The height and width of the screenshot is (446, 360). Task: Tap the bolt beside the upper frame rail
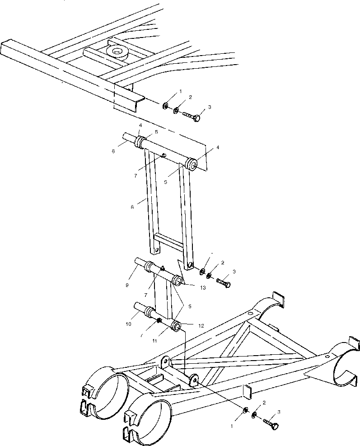pos(192,116)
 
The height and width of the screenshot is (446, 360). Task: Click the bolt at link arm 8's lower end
pos(224,283)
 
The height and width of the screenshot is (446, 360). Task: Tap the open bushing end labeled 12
pos(177,326)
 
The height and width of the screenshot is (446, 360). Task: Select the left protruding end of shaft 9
pos(139,262)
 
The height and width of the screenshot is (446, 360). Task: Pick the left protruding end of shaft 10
pos(138,309)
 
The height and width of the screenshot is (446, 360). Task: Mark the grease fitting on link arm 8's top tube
pos(164,156)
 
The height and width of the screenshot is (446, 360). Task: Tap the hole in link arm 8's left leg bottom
pos(156,250)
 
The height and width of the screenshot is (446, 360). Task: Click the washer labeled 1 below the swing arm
pos(244,410)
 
